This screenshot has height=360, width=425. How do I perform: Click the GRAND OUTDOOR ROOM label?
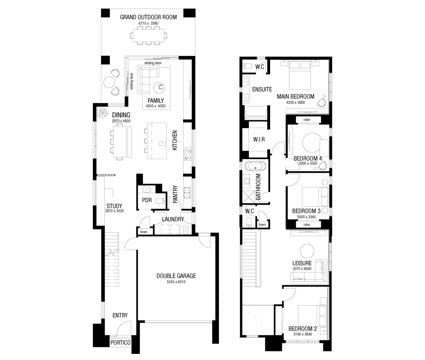point(148,17)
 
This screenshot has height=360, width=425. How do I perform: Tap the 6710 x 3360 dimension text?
point(148,23)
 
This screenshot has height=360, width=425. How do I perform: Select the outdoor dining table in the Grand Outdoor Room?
point(148,36)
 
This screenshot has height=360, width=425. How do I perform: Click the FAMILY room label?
point(156,101)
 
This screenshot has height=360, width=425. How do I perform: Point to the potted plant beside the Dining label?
point(103,112)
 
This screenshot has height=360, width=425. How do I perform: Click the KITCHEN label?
point(175,140)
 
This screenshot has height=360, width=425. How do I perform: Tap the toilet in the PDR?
point(161,201)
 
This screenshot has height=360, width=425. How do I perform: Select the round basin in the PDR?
point(147,189)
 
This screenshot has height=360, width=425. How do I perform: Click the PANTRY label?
point(175,194)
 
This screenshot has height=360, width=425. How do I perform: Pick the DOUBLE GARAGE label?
point(176,276)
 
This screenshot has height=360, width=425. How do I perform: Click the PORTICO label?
point(120,343)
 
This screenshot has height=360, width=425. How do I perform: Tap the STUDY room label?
point(114,206)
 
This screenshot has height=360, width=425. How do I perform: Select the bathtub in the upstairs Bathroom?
point(255,166)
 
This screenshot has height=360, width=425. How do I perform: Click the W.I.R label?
point(259,139)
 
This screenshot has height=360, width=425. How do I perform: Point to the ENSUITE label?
point(262,89)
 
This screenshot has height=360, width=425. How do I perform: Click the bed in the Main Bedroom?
point(300,75)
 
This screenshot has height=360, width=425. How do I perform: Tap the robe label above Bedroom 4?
point(306,119)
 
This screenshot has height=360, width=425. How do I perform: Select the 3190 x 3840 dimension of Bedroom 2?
point(302,334)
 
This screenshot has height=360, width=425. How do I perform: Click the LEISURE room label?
point(302,263)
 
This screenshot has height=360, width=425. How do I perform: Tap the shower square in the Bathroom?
point(248,197)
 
